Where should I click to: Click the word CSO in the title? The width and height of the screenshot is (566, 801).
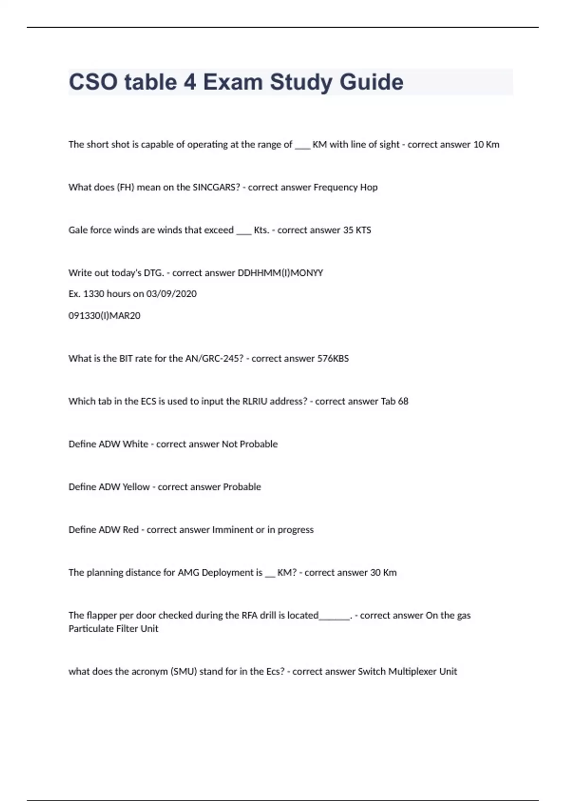point(93,82)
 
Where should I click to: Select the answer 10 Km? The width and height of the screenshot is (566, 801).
point(486,145)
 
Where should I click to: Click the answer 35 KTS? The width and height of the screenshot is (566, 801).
point(357,230)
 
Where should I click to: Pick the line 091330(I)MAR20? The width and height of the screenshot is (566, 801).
point(104,316)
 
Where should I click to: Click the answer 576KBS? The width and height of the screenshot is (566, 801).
point(333,359)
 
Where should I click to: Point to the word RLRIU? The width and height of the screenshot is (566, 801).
point(255,401)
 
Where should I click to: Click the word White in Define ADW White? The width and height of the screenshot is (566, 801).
point(135,444)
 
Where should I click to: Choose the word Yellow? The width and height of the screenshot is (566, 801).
point(136,487)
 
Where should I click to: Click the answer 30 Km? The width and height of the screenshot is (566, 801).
point(383,573)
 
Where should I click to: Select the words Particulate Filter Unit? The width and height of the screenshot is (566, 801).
point(113,629)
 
